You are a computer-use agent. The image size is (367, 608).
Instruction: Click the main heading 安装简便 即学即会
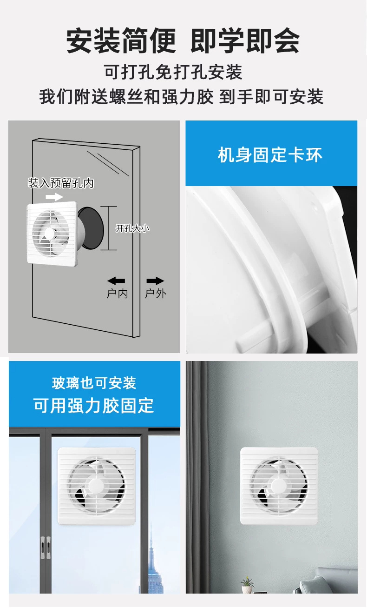pos(183,41)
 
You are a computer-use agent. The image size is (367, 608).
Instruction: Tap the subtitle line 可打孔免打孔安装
pos(173,72)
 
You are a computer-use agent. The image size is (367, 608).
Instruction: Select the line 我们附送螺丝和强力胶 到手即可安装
pos(181,97)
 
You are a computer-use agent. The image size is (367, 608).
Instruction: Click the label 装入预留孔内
pos(61,183)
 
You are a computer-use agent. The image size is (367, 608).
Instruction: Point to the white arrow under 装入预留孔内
pos(54,197)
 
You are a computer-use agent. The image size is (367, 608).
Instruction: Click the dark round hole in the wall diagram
pos(92,228)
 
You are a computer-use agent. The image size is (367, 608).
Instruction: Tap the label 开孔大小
pos(132,228)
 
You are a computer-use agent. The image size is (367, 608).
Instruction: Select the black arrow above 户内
pos(116,281)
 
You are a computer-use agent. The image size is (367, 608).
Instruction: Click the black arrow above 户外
pos(155,281)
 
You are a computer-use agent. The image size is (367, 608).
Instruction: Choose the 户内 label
pos(117,294)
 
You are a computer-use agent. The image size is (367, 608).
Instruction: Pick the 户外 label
pos(156,294)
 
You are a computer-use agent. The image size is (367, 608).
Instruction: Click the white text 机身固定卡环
pos(270,155)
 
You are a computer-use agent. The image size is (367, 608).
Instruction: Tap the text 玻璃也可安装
pos(94,383)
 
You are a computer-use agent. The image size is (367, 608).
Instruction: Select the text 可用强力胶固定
pos(94,406)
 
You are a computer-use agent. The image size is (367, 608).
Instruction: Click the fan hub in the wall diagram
pos(50,233)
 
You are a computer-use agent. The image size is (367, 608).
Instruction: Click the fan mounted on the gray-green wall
pos(279,486)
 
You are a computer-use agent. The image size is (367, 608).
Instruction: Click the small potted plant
pos(247,585)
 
